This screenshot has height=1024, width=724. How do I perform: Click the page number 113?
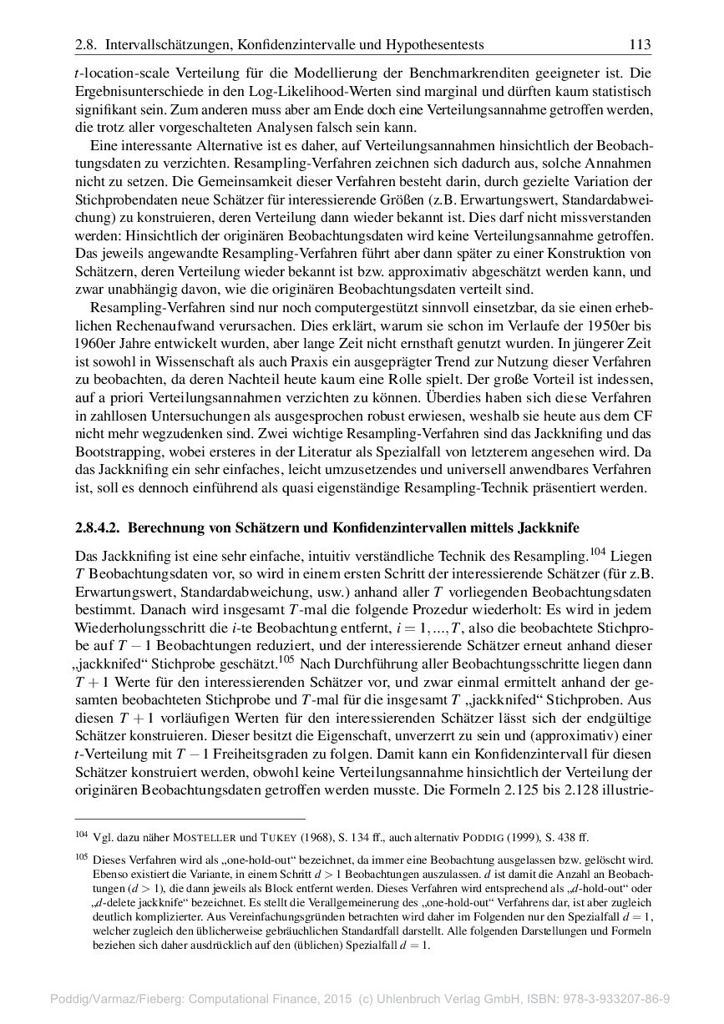tap(639, 44)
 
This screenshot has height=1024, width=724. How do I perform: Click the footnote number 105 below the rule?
tap(81, 857)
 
